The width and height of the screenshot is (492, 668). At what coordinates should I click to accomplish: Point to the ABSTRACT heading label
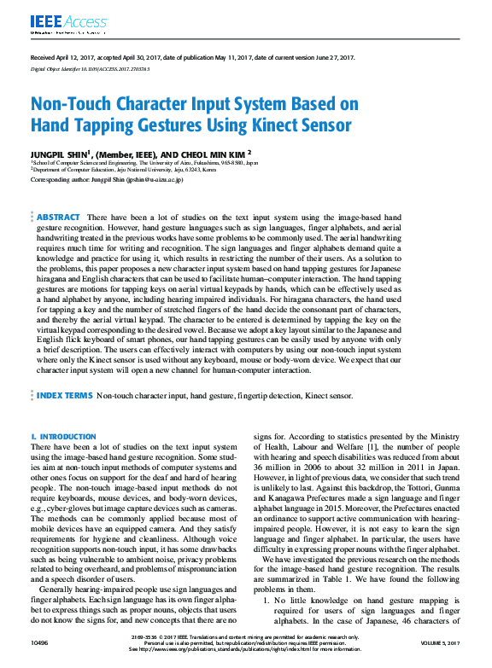coord(59,218)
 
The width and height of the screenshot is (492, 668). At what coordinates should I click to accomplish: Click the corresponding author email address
coord(152,180)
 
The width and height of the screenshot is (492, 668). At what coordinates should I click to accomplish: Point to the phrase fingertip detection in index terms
coord(248,397)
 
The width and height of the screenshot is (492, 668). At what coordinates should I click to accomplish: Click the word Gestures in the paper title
coord(158,125)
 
